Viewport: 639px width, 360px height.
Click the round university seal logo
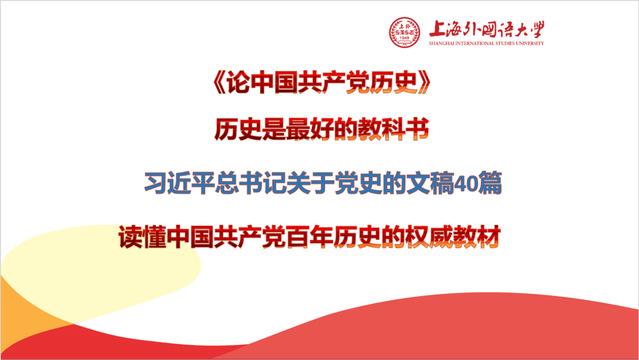point(404,32)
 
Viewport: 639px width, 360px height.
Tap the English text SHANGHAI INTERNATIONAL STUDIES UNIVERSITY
point(486,43)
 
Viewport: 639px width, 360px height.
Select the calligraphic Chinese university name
point(487,29)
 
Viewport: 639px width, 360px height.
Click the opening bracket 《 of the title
point(219,83)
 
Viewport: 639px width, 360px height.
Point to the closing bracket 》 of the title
point(424,83)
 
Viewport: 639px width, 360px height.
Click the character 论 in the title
point(238,83)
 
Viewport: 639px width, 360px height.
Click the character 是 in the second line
point(274,129)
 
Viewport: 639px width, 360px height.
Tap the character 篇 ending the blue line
point(490,183)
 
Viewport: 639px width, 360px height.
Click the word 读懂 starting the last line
point(142,237)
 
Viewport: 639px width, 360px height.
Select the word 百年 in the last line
point(309,237)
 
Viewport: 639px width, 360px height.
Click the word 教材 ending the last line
point(477,237)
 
